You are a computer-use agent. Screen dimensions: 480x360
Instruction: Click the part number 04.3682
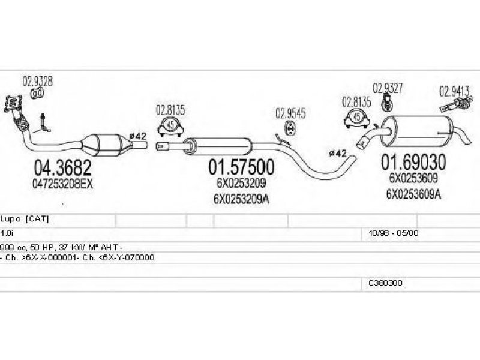coord(62,168)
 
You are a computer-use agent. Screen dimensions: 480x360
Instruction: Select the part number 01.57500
coord(241,167)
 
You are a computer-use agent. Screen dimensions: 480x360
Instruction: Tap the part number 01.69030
coord(413,162)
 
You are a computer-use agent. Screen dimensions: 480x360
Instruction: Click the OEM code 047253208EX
coord(62,184)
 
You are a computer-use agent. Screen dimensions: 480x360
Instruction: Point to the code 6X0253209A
coord(241,199)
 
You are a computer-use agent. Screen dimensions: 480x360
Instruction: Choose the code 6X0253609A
coord(413,194)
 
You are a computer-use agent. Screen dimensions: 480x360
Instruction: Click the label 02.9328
coord(37,82)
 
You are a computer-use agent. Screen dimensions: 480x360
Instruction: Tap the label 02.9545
coord(290,113)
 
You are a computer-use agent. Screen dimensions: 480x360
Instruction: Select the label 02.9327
coord(388,88)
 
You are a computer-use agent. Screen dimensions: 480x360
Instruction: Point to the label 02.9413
coord(455,91)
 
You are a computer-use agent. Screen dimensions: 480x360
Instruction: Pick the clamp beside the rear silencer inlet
coord(356,119)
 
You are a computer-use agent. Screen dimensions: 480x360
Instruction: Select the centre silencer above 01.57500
coord(218,146)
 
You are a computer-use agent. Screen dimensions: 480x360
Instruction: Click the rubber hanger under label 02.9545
coord(290,128)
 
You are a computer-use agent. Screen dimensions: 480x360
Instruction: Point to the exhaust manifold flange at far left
coord(13,103)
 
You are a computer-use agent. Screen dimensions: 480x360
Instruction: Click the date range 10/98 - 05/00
coord(394,233)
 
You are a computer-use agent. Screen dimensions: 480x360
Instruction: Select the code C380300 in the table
coord(385,283)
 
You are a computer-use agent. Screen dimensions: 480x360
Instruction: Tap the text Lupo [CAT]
coord(25,219)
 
